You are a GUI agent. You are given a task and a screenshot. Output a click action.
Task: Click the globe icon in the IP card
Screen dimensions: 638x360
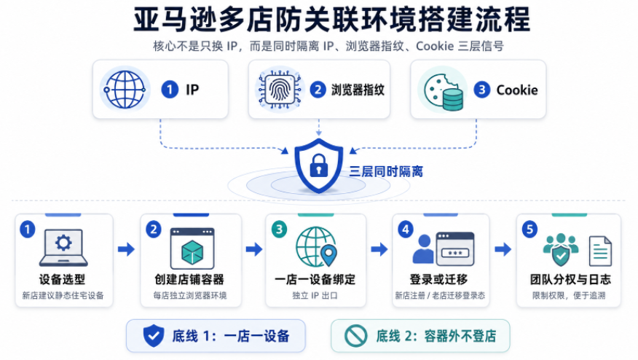coord(125,90)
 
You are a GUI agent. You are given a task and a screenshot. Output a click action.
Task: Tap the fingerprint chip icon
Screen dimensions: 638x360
coord(280,90)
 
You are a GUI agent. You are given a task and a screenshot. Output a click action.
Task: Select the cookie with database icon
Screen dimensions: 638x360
coord(443,91)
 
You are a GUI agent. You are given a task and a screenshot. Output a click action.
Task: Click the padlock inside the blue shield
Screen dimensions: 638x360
coord(318,165)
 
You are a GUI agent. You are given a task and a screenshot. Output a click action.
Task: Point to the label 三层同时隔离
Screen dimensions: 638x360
coord(386,171)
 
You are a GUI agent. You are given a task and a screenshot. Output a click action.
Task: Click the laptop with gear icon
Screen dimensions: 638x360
coord(63,248)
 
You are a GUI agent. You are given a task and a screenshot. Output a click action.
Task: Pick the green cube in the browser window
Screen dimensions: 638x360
coord(192,252)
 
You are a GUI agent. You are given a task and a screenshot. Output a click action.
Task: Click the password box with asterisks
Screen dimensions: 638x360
coord(455,253)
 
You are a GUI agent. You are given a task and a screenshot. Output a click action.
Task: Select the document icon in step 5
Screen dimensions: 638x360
coord(600,251)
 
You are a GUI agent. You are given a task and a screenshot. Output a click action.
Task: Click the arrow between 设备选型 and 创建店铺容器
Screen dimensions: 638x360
coord(126,249)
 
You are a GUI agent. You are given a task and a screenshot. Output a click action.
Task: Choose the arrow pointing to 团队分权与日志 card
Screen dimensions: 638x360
coord(503,249)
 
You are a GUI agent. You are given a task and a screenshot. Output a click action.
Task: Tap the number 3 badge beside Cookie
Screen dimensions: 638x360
coord(481,90)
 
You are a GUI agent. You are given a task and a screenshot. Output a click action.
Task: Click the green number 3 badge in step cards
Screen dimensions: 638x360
coord(279,230)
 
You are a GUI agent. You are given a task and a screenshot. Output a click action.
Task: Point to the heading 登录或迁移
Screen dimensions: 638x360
coord(438,279)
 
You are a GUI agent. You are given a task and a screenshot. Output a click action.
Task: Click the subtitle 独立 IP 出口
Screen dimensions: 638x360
coord(315,296)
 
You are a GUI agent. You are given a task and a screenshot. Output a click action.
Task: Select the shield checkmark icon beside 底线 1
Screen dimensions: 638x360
coord(154,335)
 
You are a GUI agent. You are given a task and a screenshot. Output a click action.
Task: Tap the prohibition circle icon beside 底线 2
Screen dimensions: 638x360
coord(355,335)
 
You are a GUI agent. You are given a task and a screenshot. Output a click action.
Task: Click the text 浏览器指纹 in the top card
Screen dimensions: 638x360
coord(358,90)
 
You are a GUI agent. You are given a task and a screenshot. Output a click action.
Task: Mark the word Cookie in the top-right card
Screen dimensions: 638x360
coord(517,90)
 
